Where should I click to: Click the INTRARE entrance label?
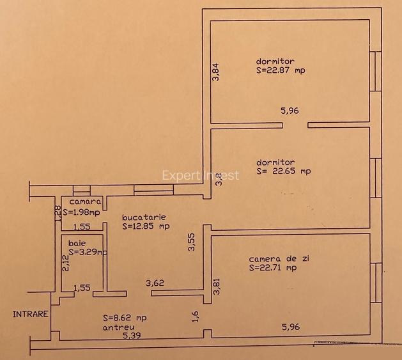[31, 314]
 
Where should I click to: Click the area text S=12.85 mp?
[146, 226]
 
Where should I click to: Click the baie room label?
[77, 244]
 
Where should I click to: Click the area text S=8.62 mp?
[124, 317]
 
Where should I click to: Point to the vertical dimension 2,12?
[65, 263]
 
